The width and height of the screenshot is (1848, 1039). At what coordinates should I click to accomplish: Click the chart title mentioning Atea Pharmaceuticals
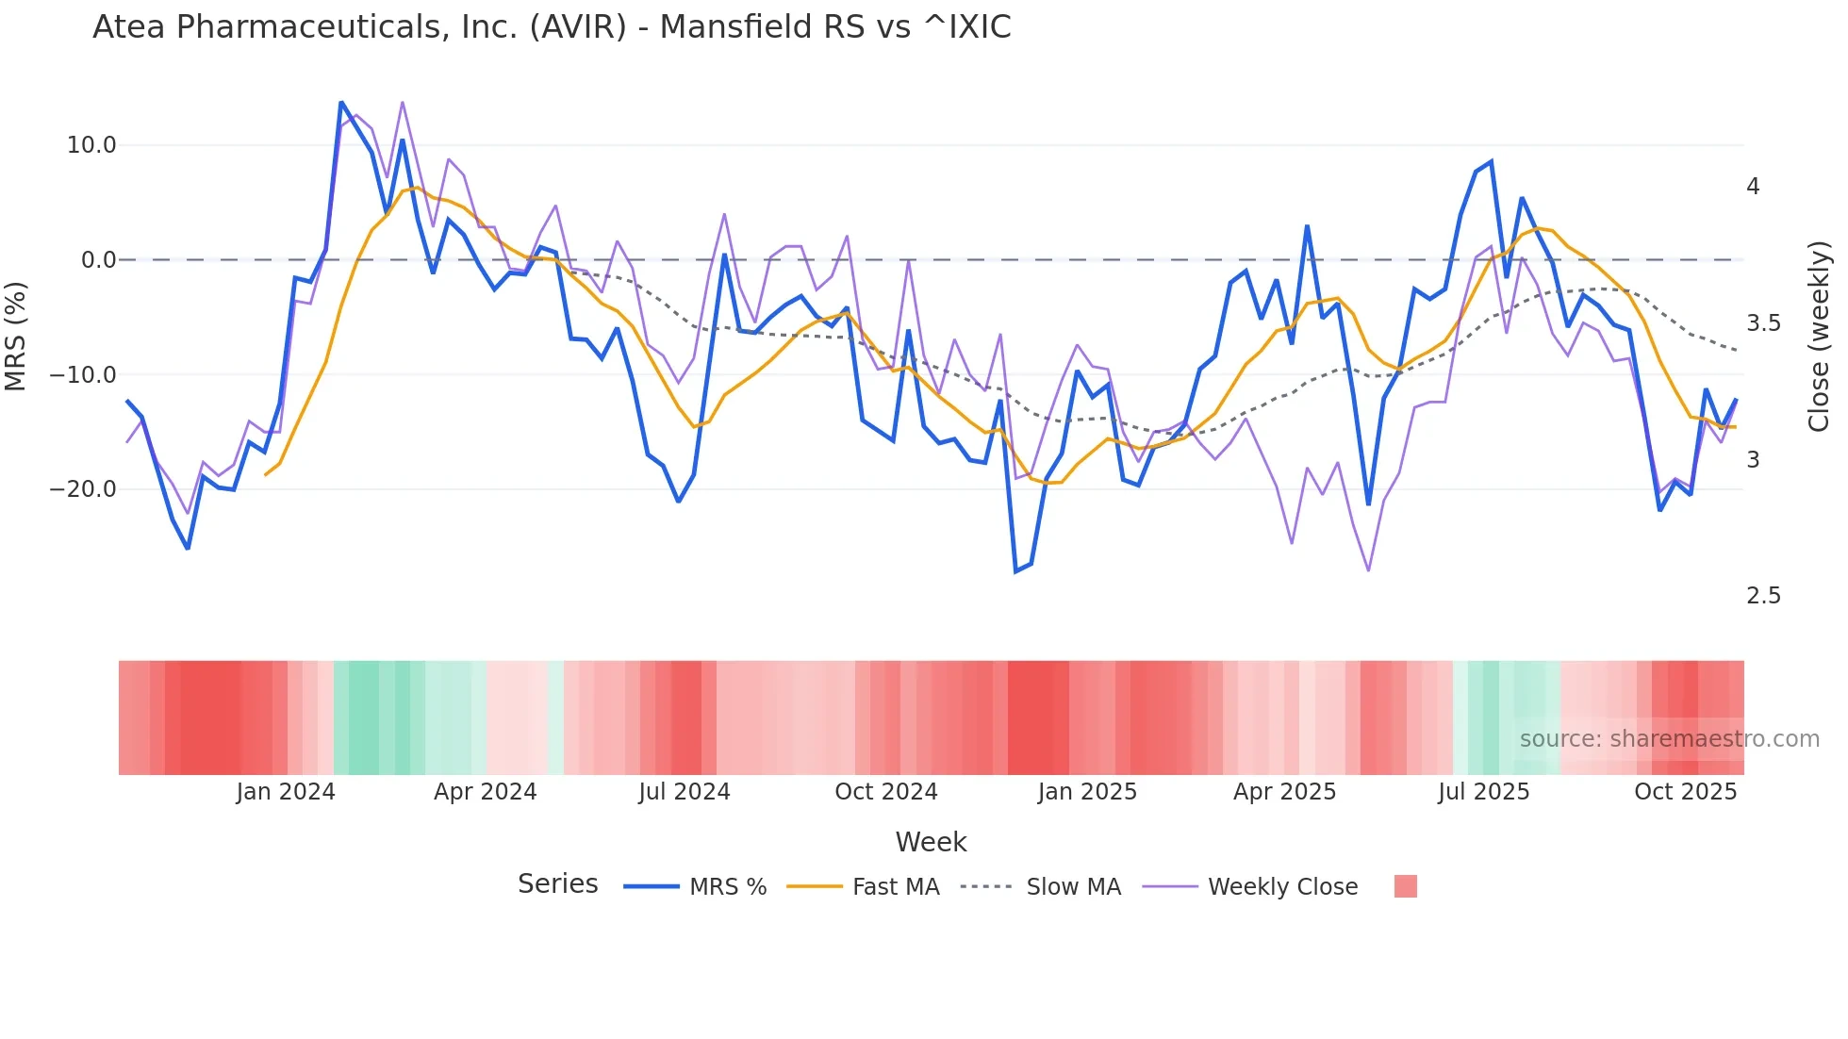tap(552, 27)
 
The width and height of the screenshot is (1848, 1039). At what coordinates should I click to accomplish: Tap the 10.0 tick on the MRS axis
tap(91, 145)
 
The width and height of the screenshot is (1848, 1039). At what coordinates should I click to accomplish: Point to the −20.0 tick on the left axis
tap(84, 489)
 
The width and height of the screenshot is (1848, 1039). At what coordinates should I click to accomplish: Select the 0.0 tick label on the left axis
tap(98, 260)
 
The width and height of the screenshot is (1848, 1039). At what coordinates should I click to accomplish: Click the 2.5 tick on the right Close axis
tap(1763, 596)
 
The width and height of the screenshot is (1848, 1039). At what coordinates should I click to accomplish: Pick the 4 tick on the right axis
tap(1753, 187)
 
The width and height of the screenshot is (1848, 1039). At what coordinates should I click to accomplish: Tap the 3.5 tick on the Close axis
tap(1763, 323)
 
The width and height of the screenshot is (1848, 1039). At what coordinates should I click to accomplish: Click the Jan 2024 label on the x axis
tap(286, 792)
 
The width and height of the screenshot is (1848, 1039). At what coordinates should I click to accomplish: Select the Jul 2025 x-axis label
tap(1483, 792)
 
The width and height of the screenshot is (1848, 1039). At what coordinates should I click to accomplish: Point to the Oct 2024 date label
tap(886, 792)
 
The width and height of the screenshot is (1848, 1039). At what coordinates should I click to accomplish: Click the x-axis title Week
tap(931, 842)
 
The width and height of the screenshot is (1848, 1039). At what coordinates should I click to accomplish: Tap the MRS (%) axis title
tap(16, 336)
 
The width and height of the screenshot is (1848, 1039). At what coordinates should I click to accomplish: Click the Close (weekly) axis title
tap(1819, 336)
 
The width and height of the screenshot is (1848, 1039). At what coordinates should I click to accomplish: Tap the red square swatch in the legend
tap(1405, 886)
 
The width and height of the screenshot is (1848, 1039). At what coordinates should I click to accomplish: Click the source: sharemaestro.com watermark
tap(1669, 739)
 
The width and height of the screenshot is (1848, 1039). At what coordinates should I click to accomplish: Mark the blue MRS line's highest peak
tap(341, 102)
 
